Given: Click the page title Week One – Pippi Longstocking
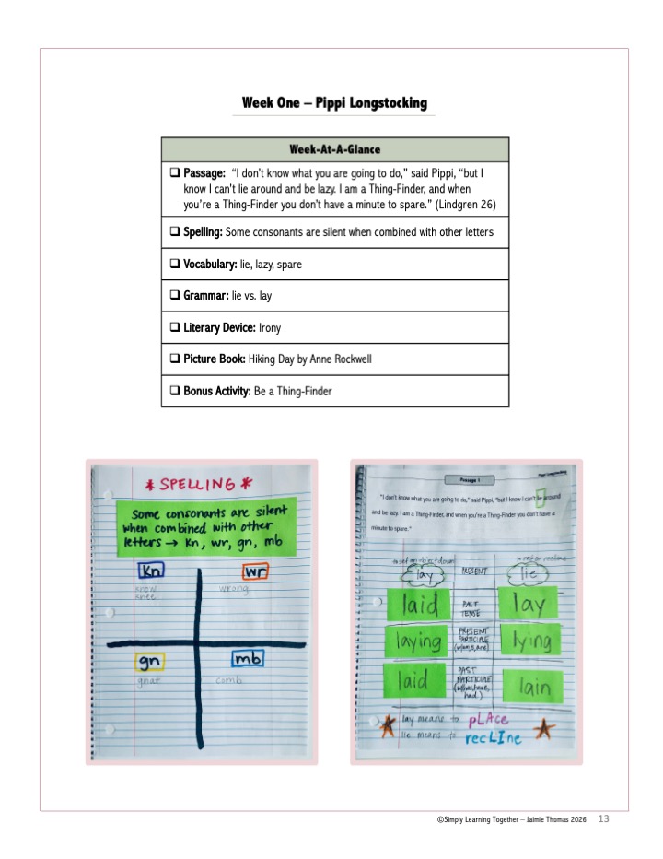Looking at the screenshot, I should pos(334,102).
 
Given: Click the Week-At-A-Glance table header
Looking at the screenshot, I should pos(335,149).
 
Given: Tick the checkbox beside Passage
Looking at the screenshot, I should pos(174,173).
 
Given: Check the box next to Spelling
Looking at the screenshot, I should pos(174,232).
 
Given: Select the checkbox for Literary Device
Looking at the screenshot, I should pos(174,327).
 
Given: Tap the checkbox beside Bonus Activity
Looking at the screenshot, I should pos(174,391).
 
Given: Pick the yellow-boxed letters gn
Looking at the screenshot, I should pos(150,662).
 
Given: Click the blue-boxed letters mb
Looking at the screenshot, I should pos(248,660).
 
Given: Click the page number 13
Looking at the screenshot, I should pos(604,818).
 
